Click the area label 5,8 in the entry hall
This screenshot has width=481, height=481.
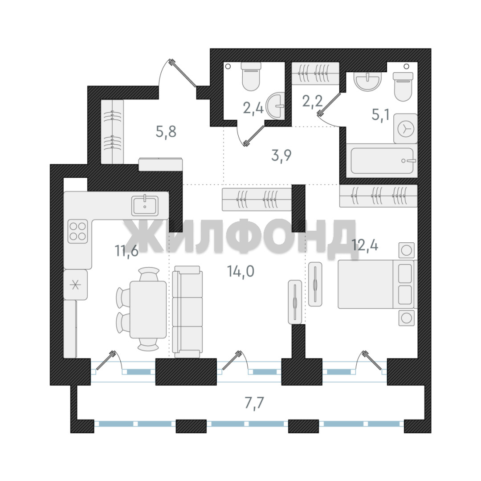tap(166, 132)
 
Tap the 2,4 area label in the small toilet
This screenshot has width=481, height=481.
tap(253, 108)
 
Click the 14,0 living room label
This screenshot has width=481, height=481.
tap(240, 271)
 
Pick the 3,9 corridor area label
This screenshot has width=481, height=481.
tap(281, 155)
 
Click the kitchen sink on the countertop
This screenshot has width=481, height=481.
tap(145, 205)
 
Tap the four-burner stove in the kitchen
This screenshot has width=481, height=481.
tap(77, 231)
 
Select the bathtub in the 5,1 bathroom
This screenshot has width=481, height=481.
tap(382, 161)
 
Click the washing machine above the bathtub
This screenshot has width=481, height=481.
tap(406, 128)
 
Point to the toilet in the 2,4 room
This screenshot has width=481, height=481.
tap(251, 77)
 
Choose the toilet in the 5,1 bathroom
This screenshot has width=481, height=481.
tap(403, 87)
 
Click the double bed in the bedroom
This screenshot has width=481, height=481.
tap(377, 284)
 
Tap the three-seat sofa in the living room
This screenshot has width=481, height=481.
tap(188, 311)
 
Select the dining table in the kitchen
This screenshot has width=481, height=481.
tap(148, 310)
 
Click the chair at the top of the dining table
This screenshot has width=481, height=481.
tap(149, 274)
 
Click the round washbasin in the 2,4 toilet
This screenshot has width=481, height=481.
tap(276, 106)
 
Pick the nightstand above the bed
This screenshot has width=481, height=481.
tap(407, 250)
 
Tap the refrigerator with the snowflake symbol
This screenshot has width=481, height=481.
tap(75, 285)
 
